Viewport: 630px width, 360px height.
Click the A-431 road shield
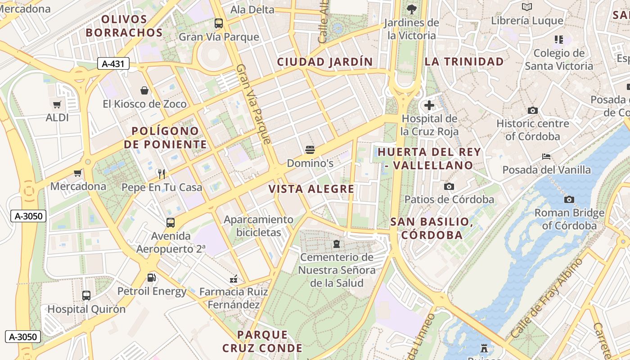point(113,64)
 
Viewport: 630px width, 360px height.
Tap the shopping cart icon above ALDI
point(57,105)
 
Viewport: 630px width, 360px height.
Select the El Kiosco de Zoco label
point(144,104)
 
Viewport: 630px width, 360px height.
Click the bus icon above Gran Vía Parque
point(219,23)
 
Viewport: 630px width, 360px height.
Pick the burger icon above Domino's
point(310,149)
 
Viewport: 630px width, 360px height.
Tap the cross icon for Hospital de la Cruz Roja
point(429,106)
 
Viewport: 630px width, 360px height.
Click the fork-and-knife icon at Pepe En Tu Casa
point(162,174)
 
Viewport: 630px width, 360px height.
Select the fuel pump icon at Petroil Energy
point(152,278)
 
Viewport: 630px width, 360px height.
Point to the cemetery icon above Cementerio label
point(336,244)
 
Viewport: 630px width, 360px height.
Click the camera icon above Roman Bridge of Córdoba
point(569,199)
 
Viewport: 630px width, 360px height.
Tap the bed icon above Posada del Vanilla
point(546,157)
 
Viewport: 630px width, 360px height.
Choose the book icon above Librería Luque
point(527,7)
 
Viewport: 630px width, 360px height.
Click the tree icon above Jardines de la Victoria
point(411,9)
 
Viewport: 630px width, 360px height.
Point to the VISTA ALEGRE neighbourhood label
point(311,189)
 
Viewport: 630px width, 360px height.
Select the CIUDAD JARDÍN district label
point(324,62)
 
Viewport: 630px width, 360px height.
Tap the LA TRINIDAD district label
point(464,62)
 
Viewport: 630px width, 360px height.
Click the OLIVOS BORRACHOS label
point(124,26)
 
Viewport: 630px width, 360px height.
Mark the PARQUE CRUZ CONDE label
point(262,341)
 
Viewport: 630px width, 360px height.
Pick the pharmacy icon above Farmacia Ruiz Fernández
point(234,279)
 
